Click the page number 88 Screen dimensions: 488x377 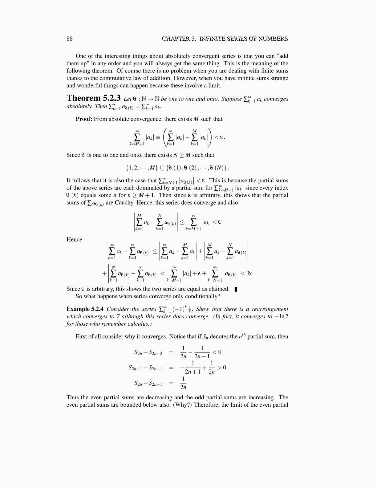(x=70, y=39)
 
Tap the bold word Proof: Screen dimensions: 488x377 (x=84, y=119)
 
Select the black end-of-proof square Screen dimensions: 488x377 (x=236, y=289)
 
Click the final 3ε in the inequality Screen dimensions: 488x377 (x=249, y=273)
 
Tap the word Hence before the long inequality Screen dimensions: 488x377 (x=74, y=239)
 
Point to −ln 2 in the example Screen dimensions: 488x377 (x=282, y=316)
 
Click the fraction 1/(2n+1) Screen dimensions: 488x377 (x=193, y=368)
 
